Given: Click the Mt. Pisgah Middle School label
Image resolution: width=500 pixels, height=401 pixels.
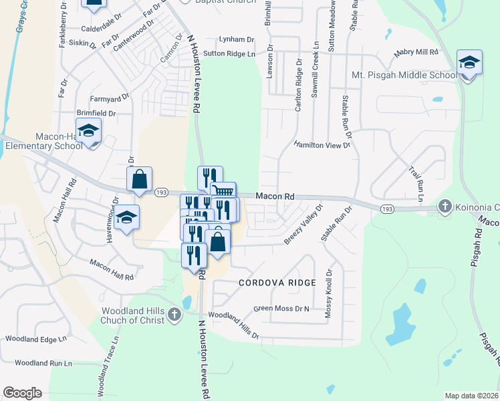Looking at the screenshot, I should (404, 76).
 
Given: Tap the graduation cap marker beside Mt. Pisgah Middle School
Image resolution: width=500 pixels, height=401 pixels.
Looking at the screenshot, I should (469, 64).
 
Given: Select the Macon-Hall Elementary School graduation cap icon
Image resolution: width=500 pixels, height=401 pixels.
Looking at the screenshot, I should (88, 132).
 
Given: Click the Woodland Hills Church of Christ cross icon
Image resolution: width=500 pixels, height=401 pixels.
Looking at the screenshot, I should (174, 313).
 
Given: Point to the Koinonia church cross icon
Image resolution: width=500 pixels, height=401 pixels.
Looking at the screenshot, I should (445, 207).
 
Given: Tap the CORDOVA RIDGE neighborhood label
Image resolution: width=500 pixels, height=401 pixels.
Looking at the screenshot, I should (277, 283).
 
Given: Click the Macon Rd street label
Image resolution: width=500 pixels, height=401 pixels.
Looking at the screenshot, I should (275, 196).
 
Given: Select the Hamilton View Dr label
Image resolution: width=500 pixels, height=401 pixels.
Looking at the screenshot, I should (322, 145).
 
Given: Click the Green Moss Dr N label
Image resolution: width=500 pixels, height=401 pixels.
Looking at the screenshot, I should (281, 309).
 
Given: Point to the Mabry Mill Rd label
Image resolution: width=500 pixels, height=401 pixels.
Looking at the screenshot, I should (415, 51).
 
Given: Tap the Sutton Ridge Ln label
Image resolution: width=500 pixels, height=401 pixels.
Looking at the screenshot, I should (229, 53).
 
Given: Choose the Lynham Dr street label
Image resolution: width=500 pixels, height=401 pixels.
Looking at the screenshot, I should (241, 40).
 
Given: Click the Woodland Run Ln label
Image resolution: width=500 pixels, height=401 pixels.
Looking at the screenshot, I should (43, 363).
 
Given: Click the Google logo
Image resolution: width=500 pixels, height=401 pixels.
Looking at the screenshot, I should (22, 393).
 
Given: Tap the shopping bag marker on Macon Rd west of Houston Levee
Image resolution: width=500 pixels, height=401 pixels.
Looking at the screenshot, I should (140, 180).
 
